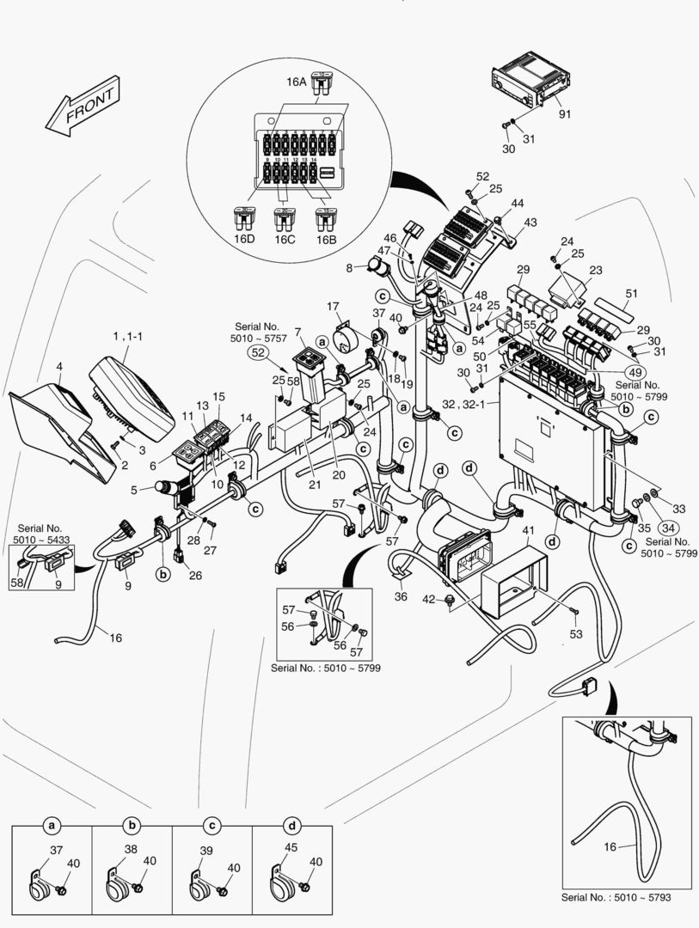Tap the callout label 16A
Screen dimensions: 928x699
point(297,82)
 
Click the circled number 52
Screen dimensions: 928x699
point(257,351)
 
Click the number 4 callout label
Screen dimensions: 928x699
point(58,367)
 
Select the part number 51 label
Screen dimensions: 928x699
point(632,293)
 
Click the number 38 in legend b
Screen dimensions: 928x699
point(131,850)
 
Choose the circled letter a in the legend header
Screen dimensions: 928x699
point(52,826)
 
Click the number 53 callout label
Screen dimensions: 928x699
point(575,634)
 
